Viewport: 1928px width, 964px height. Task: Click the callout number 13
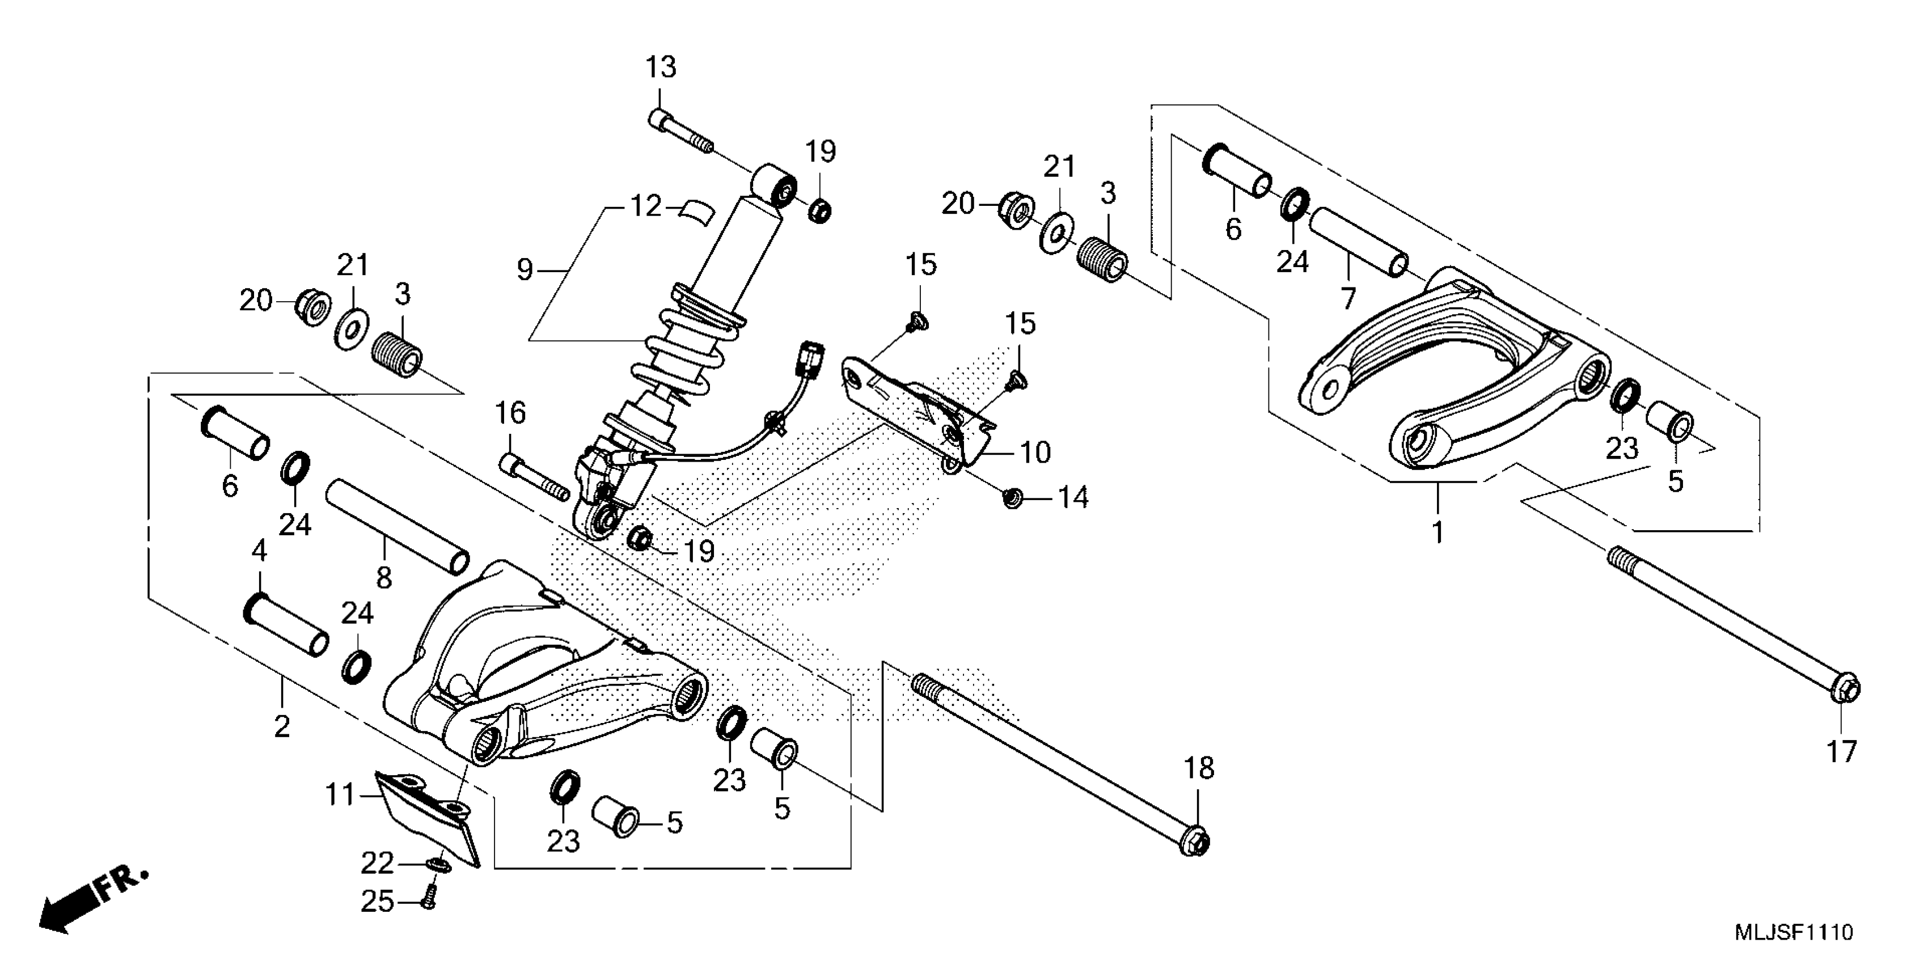click(661, 67)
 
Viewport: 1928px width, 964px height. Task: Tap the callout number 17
click(1842, 751)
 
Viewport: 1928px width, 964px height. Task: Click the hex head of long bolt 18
click(1196, 842)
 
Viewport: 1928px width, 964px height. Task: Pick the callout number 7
click(1348, 298)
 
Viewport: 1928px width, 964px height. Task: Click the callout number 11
click(340, 794)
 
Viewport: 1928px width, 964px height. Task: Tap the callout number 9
click(525, 269)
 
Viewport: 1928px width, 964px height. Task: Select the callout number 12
click(646, 205)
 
